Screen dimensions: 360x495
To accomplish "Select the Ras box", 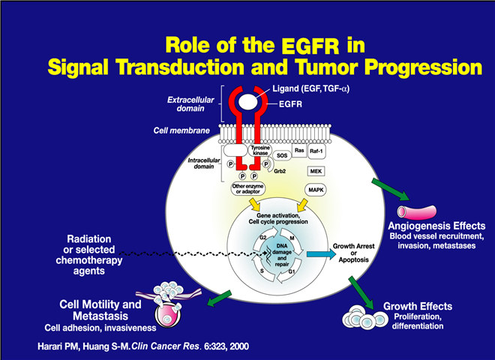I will click(299, 150).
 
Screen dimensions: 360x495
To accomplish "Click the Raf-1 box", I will click(324, 150).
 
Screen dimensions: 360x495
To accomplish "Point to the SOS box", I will click(281, 155).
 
